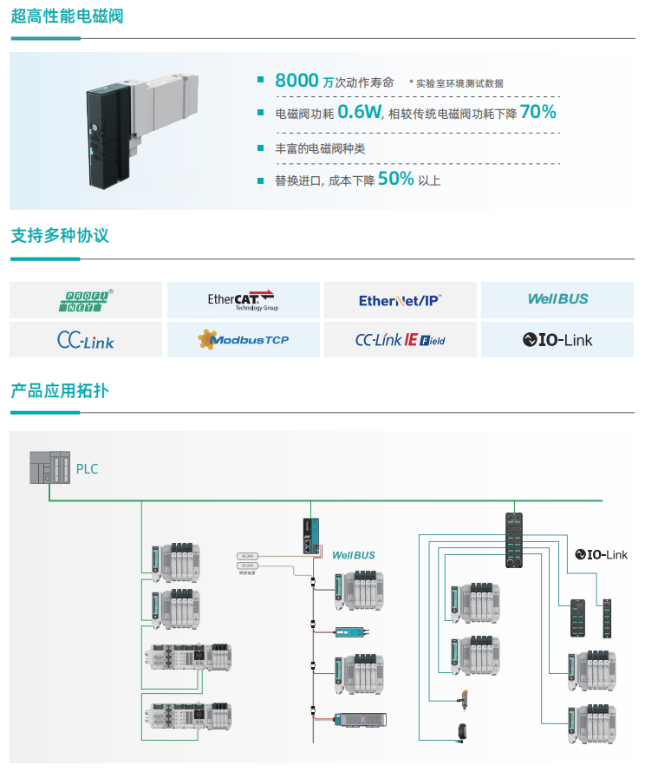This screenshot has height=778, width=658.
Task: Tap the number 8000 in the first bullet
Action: [296, 81]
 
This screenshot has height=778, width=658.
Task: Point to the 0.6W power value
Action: [360, 112]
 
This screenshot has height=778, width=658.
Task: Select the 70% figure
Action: [537, 112]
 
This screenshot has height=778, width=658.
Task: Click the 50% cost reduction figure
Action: [395, 179]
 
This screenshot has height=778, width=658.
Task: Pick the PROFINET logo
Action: [86, 300]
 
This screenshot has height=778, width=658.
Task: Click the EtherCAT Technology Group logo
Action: [243, 300]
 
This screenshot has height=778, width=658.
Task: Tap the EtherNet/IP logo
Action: [400, 300]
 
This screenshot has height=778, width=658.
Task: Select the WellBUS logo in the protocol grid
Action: [557, 299]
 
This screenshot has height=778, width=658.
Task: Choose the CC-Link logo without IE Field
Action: [86, 340]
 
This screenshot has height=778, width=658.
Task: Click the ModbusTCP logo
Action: [243, 340]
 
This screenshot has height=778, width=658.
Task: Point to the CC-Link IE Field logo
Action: [400, 340]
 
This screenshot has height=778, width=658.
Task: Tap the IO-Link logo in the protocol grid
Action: [557, 340]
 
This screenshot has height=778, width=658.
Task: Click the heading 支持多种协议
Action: [60, 235]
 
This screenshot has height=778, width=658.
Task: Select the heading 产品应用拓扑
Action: [60, 390]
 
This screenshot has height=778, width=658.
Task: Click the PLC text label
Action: [88, 469]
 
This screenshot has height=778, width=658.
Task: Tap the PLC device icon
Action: [49, 467]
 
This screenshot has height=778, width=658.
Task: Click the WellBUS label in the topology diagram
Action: [354, 554]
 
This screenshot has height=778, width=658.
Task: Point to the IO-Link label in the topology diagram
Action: [601, 554]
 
